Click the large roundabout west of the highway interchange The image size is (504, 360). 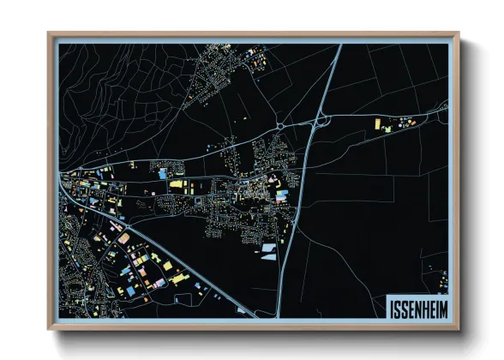pos(281,128)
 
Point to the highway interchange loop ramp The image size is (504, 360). pos(318,124)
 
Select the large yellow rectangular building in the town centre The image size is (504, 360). pos(177,183)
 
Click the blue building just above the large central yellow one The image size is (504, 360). pos(163,174)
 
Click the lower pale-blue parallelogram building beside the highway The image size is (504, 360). pos(264,255)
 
